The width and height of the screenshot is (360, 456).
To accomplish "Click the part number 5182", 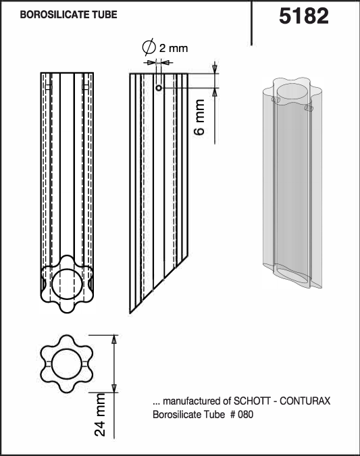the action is click(304, 16).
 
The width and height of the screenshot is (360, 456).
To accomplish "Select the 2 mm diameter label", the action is click(174, 48).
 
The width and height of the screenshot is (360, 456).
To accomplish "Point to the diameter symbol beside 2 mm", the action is click(149, 47).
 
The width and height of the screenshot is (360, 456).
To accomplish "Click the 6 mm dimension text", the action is click(199, 117).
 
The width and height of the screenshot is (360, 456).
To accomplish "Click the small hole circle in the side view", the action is click(159, 88).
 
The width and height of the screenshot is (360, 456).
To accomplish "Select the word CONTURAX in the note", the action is click(305, 401).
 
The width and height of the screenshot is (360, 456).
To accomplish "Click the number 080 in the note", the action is click(245, 414).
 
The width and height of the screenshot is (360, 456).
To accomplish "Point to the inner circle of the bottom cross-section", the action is click(67, 350).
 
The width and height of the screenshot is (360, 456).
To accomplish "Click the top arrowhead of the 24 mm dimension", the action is click(114, 339).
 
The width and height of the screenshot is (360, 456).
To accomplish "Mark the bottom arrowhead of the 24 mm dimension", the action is click(114, 388).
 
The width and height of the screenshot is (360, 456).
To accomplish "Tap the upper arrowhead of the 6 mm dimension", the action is click(215, 69).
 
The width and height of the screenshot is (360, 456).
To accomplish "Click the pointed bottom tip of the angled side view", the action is click(130, 313).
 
